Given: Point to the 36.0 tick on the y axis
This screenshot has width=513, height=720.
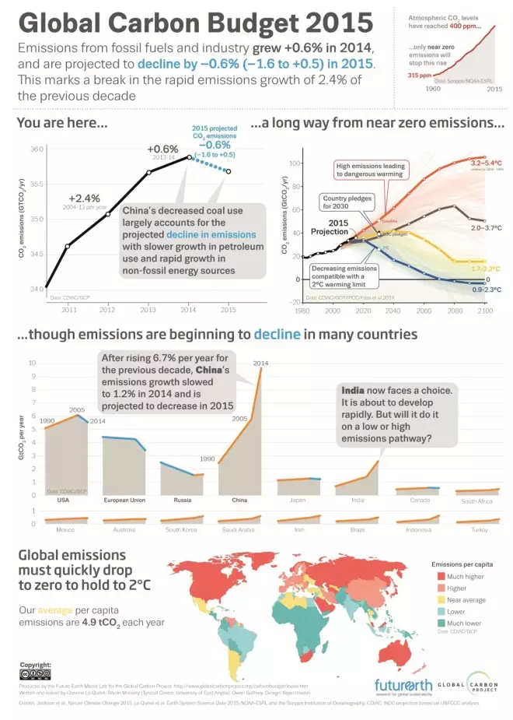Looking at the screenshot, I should coord(37,149).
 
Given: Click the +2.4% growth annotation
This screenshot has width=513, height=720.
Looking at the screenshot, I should coord(85,198).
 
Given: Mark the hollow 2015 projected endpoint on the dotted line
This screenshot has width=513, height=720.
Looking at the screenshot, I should coord(228,171).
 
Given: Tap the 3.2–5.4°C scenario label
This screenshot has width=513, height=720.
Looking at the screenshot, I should coord(487,162).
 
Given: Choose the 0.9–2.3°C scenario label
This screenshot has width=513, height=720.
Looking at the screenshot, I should coord(487,290).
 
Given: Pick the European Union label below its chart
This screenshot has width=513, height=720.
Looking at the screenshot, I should coord(124,500).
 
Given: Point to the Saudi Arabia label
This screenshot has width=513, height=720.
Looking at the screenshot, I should coord(239,530).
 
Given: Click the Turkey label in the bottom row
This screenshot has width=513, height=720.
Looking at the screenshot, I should coord(473,530).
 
